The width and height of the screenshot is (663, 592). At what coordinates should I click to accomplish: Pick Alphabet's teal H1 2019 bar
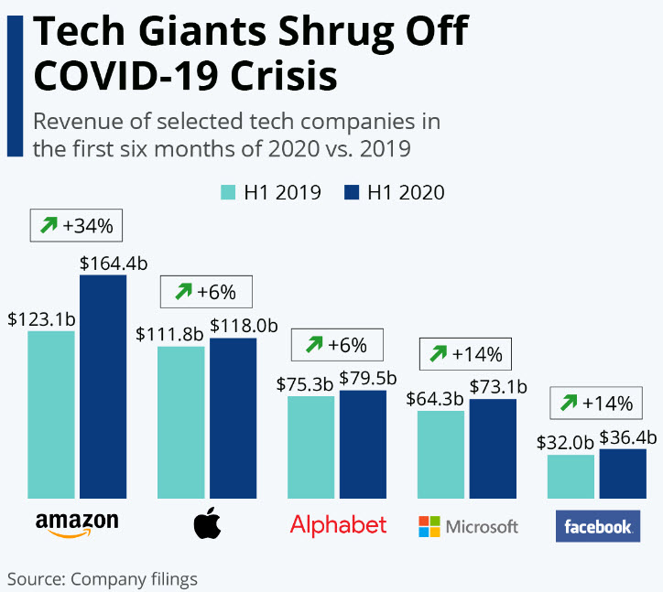pyautogui.click(x=310, y=447)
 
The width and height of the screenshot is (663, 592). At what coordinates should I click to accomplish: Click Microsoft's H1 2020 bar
pyautogui.click(x=493, y=448)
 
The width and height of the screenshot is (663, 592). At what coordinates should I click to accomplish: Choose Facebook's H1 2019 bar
pyautogui.click(x=571, y=477)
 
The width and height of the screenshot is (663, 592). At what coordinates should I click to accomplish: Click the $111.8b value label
pyautogui.click(x=169, y=335)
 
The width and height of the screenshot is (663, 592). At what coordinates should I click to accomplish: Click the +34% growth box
pyautogui.click(x=77, y=224)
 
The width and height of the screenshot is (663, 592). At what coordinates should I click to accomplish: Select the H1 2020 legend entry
pyautogui.click(x=394, y=192)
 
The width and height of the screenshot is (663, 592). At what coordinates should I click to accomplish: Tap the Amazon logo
pyautogui.click(x=77, y=524)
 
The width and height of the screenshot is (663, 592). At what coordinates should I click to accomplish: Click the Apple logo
pyautogui.click(x=208, y=524)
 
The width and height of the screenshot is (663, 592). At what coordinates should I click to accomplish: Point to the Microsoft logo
pyautogui.click(x=468, y=526)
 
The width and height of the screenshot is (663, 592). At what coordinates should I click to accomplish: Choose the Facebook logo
pyautogui.click(x=598, y=526)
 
